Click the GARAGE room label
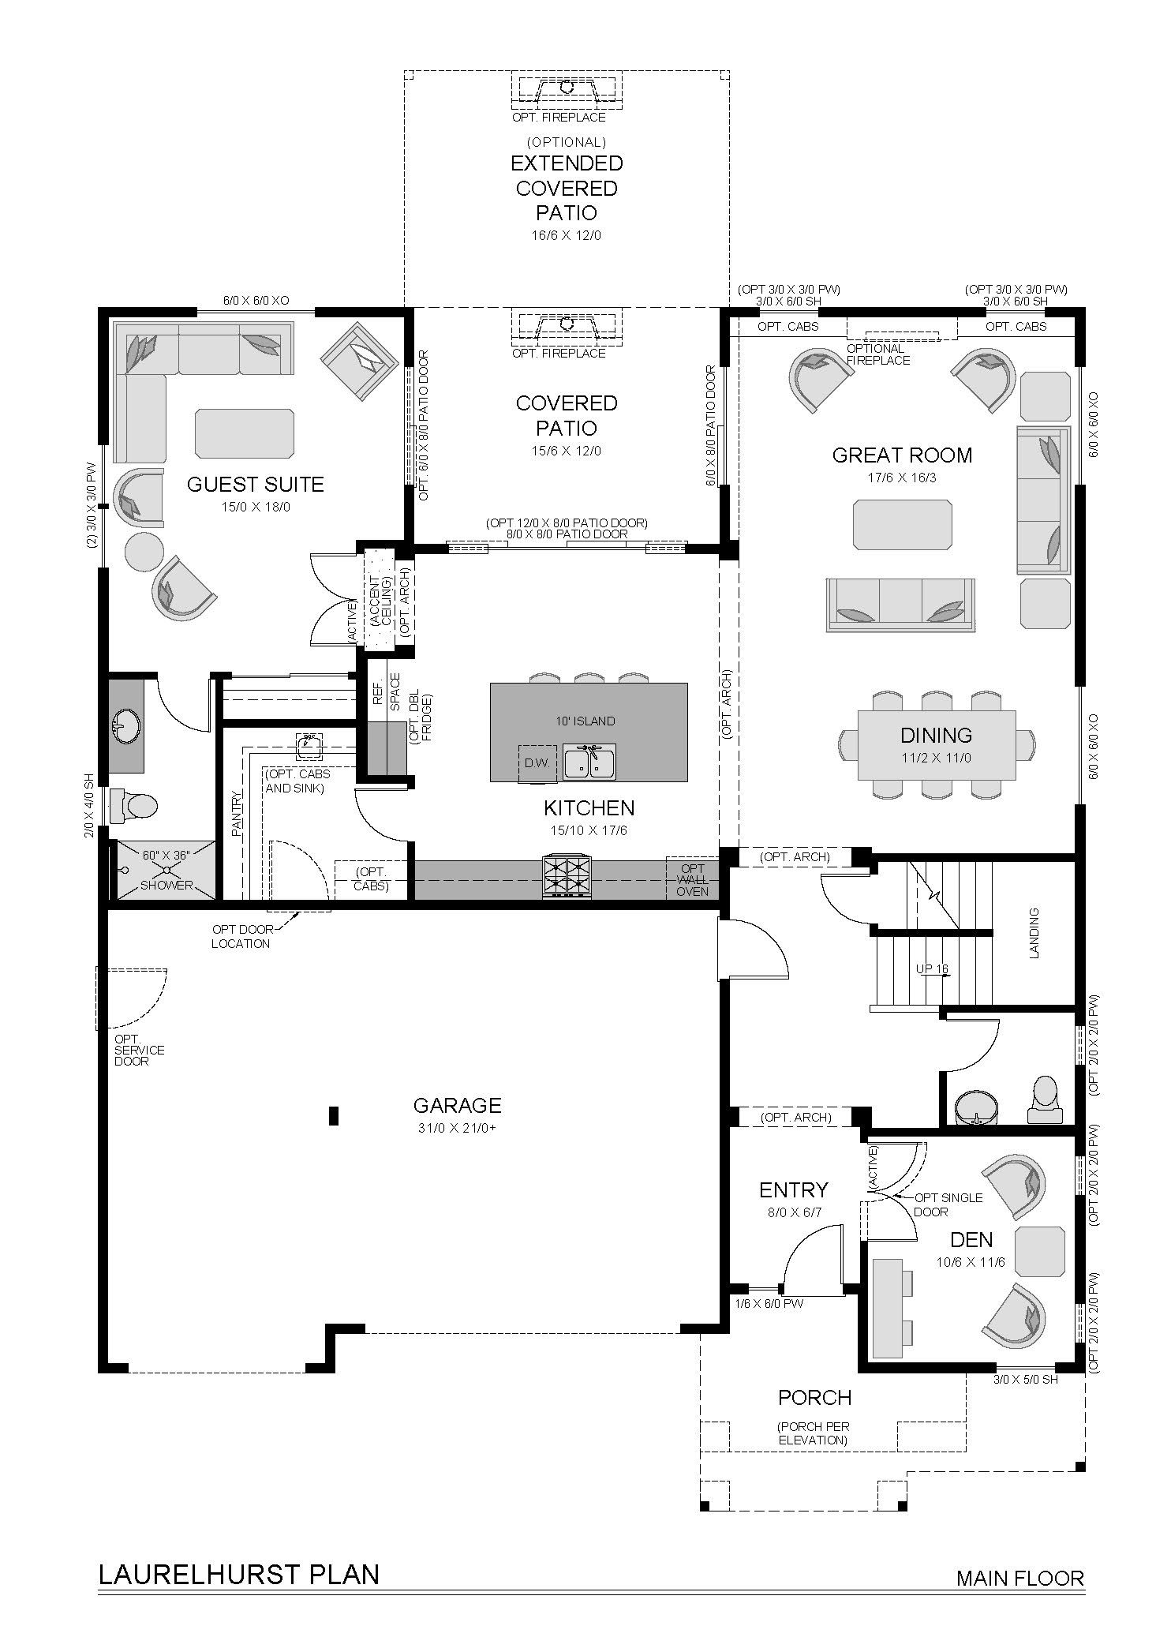tap(457, 1106)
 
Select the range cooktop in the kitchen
tap(566, 876)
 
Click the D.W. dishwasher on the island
tap(530, 763)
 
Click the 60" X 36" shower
tap(166, 870)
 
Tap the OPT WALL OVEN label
tap(692, 880)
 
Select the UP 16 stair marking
tap(932, 969)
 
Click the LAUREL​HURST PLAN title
tap(238, 1553)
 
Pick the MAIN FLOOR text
tap(1019, 1556)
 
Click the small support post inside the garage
tap(334, 1115)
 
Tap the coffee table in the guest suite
tap(245, 433)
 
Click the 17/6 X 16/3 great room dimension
tap(902, 478)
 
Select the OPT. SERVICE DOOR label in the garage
tap(139, 1050)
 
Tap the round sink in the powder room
tap(975, 1107)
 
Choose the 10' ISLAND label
tap(584, 721)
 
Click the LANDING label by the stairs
tap(1034, 933)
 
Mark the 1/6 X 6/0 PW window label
tap(769, 1304)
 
